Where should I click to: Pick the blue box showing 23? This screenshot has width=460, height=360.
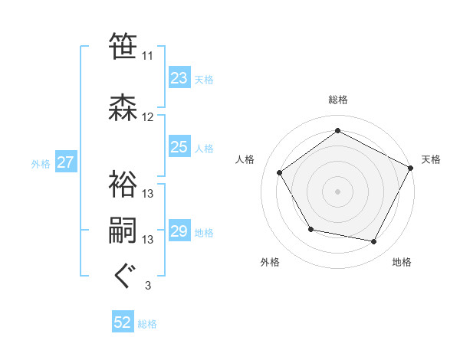pyautogui.click(x=179, y=78)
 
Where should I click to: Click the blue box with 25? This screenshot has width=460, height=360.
pyautogui.click(x=179, y=147)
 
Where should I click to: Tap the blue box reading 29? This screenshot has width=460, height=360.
pyautogui.click(x=179, y=231)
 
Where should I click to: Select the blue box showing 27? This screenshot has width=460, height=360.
pyautogui.click(x=65, y=162)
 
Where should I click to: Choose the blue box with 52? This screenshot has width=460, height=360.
pyautogui.click(x=123, y=322)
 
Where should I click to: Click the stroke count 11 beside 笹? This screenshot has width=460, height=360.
pyautogui.click(x=148, y=56)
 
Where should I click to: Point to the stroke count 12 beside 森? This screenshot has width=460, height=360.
pyautogui.click(x=148, y=117)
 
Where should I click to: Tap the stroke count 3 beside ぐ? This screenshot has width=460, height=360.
pyautogui.click(x=148, y=286)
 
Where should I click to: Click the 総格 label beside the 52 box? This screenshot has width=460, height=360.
pyautogui.click(x=147, y=324)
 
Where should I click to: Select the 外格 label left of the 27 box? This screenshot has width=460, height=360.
pyautogui.click(x=41, y=163)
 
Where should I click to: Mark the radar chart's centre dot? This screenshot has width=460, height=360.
pyautogui.click(x=337, y=191)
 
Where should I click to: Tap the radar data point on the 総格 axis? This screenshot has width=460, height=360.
pyautogui.click(x=337, y=131)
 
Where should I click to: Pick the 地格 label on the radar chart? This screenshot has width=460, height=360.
pyautogui.click(x=402, y=262)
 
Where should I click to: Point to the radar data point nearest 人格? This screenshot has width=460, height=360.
pyautogui.click(x=280, y=172)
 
